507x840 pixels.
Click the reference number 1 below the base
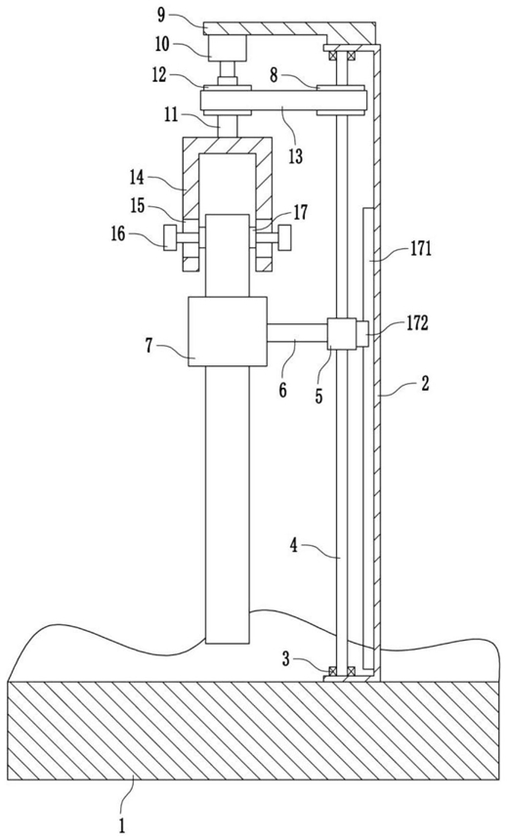[122, 825]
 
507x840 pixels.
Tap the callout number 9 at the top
[161, 14]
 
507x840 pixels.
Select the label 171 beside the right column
[421, 249]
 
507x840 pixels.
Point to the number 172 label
[416, 323]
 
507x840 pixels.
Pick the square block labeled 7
[228, 332]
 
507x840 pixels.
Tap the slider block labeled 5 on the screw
[341, 334]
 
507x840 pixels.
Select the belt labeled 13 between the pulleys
[283, 101]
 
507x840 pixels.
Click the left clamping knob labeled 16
[170, 238]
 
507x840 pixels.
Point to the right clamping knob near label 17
[284, 238]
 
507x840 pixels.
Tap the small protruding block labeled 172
[362, 333]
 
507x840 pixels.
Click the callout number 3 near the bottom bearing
[287, 658]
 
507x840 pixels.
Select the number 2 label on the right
[424, 384]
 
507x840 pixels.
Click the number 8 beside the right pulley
[274, 75]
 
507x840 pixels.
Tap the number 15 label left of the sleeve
[140, 206]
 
